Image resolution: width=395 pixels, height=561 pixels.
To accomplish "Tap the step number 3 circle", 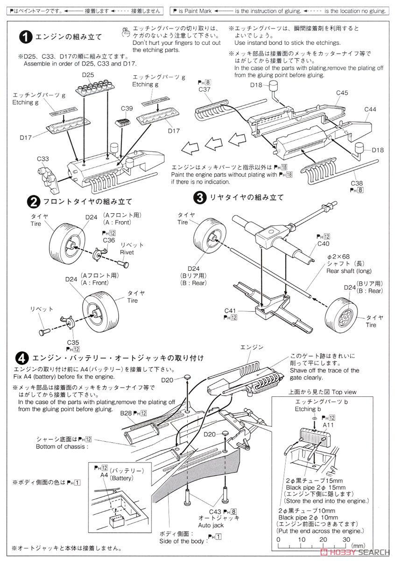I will point(199,197).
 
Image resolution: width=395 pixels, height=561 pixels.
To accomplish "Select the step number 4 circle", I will point(21,359).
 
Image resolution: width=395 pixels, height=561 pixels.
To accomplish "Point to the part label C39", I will point(127,108).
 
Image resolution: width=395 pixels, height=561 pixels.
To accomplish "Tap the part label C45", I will point(342,93).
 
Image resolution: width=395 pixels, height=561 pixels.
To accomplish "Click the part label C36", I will point(109,240).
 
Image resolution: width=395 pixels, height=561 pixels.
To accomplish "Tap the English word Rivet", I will point(127,252).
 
